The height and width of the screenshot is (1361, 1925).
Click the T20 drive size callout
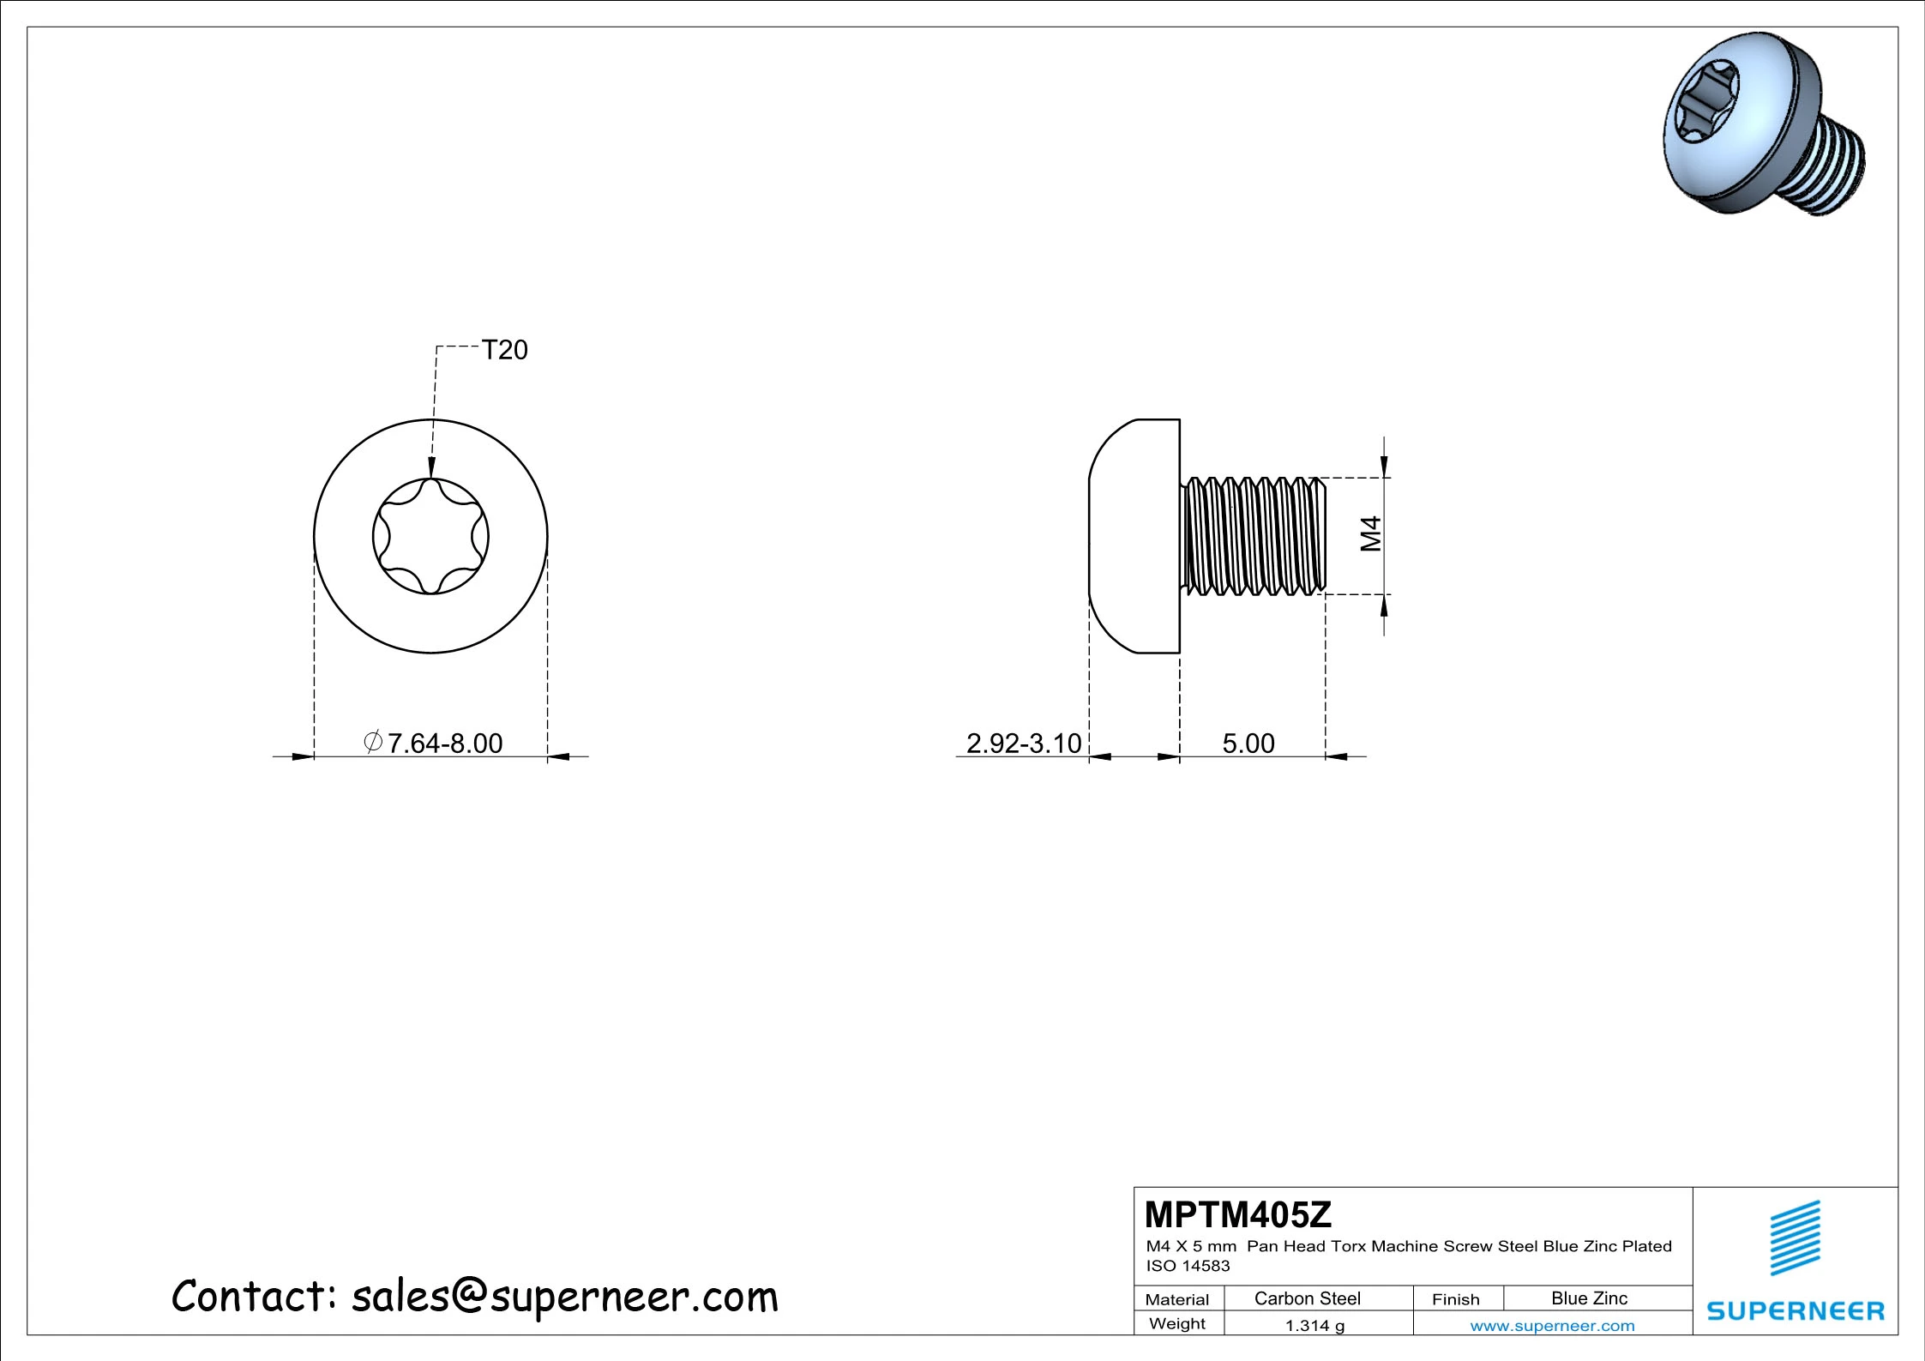(x=504, y=350)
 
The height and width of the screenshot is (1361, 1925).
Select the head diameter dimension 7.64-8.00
(x=433, y=743)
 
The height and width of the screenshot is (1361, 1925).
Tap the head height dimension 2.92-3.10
(x=1024, y=743)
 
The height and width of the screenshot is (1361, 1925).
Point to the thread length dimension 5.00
(x=1248, y=743)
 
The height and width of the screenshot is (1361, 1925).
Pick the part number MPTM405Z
(x=1237, y=1214)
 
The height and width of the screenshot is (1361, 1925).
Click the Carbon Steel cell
(x=1308, y=1298)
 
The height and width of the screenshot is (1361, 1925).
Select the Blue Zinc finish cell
(x=1589, y=1298)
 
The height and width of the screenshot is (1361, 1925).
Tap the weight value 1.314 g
(x=1314, y=1326)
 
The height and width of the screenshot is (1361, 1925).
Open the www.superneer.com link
(x=1552, y=1326)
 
